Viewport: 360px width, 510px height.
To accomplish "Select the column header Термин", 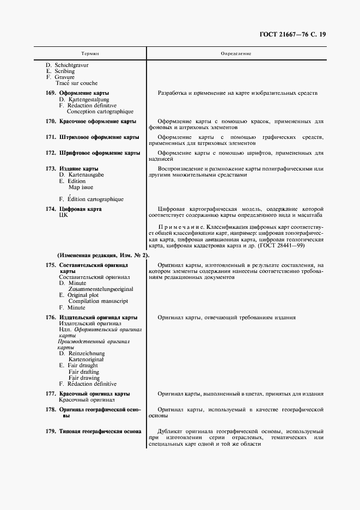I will [90, 54].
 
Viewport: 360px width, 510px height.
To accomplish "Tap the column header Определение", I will [235, 54].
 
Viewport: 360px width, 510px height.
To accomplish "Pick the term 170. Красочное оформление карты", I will [91, 121].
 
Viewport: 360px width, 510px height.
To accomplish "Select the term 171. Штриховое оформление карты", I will [93, 137].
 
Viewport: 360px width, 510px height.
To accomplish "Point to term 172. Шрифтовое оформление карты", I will [93, 153].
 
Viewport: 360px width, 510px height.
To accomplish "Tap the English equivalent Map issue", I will [81, 187].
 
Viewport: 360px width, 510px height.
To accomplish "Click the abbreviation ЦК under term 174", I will [63, 216].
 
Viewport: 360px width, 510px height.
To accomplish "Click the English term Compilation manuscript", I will [98, 301].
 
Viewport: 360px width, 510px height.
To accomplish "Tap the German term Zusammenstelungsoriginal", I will [100, 289].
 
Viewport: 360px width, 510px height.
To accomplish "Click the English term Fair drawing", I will [84, 378].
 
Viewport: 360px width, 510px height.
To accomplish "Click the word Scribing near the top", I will [65, 71].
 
